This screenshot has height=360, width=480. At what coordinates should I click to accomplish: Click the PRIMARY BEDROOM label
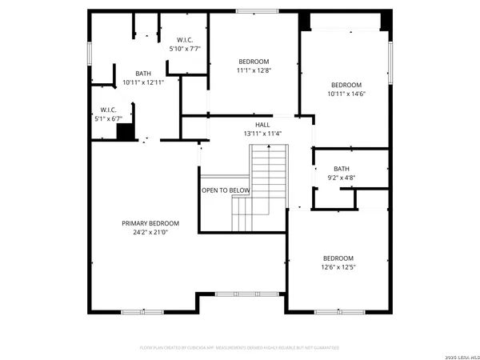(x=150, y=223)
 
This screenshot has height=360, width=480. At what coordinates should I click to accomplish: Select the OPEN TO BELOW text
(x=226, y=190)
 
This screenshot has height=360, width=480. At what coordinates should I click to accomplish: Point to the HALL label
(x=262, y=125)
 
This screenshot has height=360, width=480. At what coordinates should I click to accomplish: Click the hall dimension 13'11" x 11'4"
(x=262, y=134)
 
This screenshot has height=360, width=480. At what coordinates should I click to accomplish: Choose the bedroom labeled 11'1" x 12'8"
(x=253, y=66)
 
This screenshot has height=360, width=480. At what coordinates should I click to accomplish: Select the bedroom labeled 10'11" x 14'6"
(x=346, y=90)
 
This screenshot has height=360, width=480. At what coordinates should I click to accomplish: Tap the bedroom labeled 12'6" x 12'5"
(x=338, y=262)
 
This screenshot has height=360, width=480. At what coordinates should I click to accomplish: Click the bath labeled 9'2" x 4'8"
(x=342, y=173)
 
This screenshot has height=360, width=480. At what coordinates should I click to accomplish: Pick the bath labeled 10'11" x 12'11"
(x=143, y=78)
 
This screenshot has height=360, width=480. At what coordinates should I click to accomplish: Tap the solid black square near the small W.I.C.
(x=125, y=132)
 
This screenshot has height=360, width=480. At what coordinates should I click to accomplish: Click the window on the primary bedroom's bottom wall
(x=132, y=310)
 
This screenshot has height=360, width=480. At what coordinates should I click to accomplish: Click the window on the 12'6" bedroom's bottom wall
(x=333, y=310)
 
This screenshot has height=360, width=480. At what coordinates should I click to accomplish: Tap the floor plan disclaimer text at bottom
(x=239, y=348)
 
